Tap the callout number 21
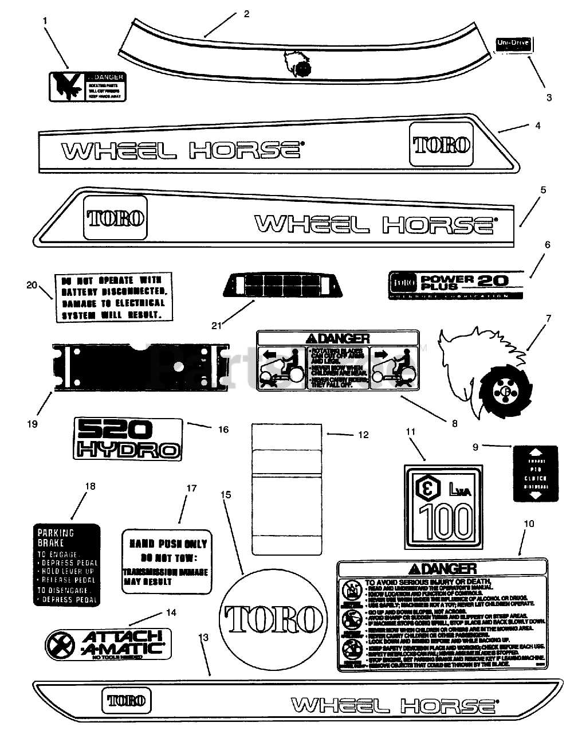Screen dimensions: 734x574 (216, 326)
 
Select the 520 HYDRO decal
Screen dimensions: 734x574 (128, 438)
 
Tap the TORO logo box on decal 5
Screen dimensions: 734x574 (115, 218)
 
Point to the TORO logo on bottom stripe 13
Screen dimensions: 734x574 (127, 700)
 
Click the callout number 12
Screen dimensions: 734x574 (363, 435)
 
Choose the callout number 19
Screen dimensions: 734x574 (32, 424)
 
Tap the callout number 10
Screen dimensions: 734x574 (528, 524)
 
